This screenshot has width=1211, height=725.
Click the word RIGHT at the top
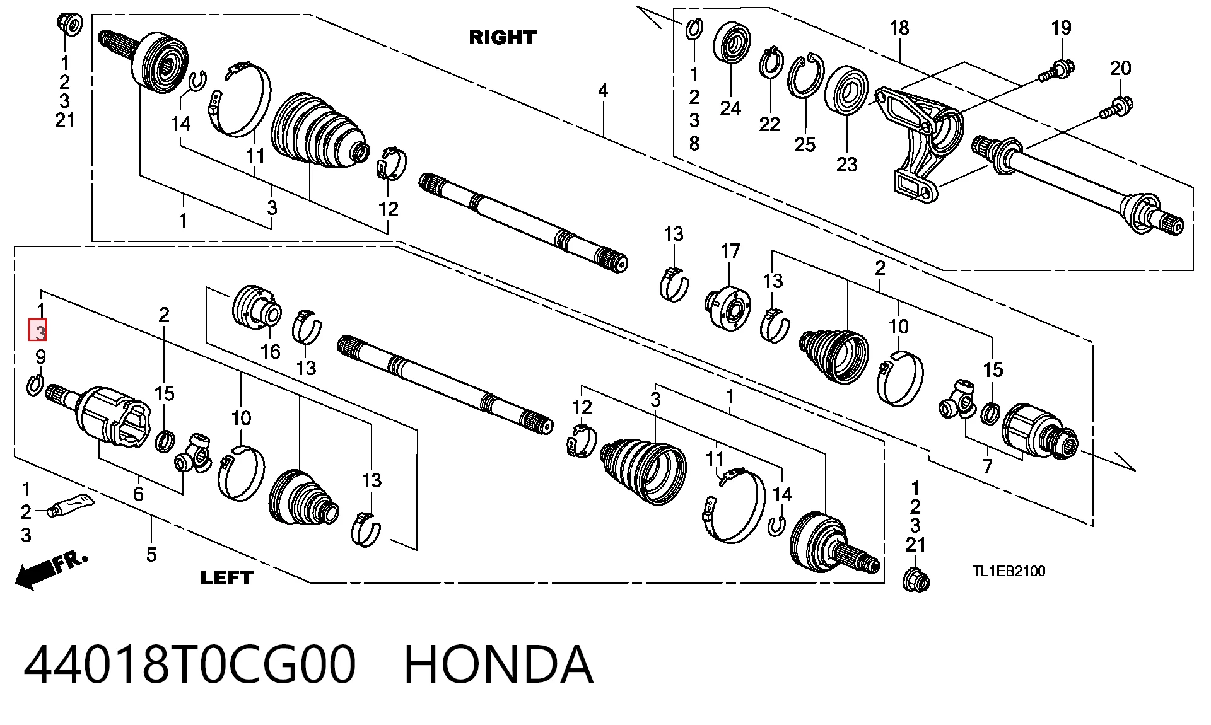coord(503,37)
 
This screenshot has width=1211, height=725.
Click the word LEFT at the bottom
coord(226,577)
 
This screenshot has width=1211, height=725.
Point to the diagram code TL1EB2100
coord(1009,571)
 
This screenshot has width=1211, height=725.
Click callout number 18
coord(899,28)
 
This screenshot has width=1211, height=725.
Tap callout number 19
coord(1061,28)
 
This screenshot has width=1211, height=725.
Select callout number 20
coord(1120,68)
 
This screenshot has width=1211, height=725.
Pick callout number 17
coord(730,251)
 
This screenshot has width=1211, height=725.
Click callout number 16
coord(271,352)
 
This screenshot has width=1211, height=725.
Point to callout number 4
coord(603,91)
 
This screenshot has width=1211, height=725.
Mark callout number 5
coord(151,555)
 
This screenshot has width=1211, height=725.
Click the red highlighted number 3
coord(38,330)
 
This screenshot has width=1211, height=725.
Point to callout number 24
coord(730,108)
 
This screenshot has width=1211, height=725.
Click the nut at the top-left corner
coord(69,24)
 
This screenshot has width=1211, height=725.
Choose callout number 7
coord(988,467)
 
